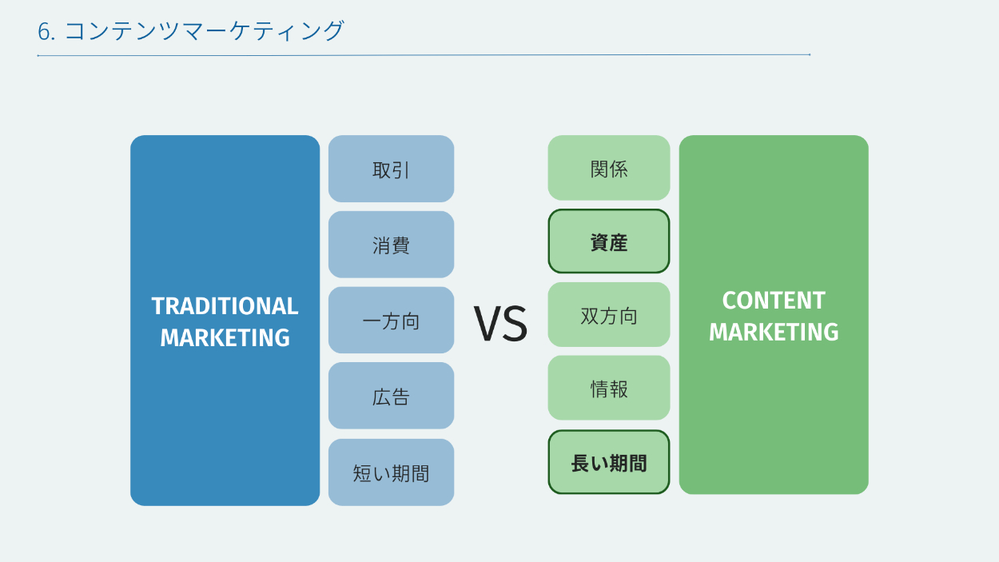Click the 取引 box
coord(391,169)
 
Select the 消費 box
coord(391,245)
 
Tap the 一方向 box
coord(391,320)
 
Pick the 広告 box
coord(391,396)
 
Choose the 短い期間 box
coord(391,472)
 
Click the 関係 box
coord(609,168)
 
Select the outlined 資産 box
coord(609,241)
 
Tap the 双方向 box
coord(609,314)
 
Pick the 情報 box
coord(609,388)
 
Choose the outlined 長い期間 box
coord(609,462)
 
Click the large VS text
coord(500,324)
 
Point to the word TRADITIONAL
coord(225,306)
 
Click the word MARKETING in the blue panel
coord(225,337)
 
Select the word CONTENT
coord(774,300)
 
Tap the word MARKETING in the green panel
coord(774,332)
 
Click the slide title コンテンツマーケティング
coord(205,30)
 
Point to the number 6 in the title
coord(44,32)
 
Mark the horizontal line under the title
coord(424,55)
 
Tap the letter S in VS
coord(517,324)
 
